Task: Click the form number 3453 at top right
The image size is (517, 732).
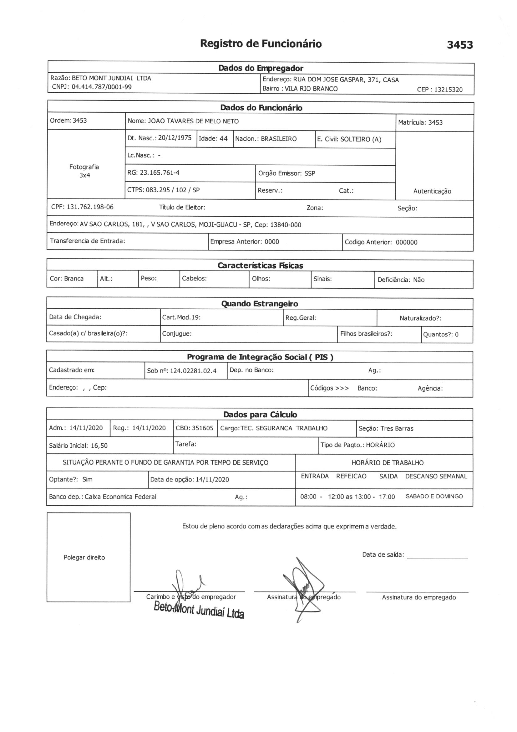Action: pos(460,45)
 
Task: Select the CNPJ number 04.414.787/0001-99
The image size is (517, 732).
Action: pos(101,87)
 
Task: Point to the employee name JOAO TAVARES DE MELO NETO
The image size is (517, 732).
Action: pos(193,121)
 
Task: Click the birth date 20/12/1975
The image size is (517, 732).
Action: pos(175,138)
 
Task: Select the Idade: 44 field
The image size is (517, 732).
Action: pos(213,138)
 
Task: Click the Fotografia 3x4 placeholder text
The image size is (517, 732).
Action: pos(84,171)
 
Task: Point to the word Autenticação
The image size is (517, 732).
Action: pos(432,191)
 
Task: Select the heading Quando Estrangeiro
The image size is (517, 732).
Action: pos(260,303)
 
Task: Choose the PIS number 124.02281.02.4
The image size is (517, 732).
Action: pos(193,371)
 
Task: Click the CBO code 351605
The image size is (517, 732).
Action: pos(203,428)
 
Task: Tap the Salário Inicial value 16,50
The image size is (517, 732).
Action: pos(99,446)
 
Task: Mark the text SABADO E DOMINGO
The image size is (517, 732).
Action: pos(434,496)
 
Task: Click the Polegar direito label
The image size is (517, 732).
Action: pos(84,557)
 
